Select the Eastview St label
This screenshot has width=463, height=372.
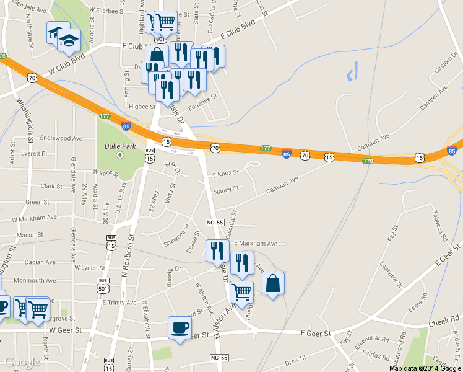point(392,275)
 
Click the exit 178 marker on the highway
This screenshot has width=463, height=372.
point(368,161)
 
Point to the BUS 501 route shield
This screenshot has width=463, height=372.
point(103,285)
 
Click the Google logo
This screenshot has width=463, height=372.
point(22,363)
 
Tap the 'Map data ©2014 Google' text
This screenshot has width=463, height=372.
point(425,368)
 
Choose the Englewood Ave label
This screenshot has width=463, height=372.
point(61,139)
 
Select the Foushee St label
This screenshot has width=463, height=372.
point(206,97)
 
